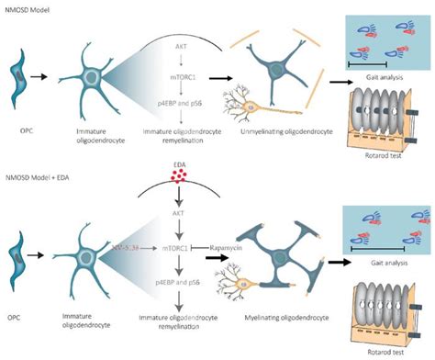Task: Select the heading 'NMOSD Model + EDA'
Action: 46,177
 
